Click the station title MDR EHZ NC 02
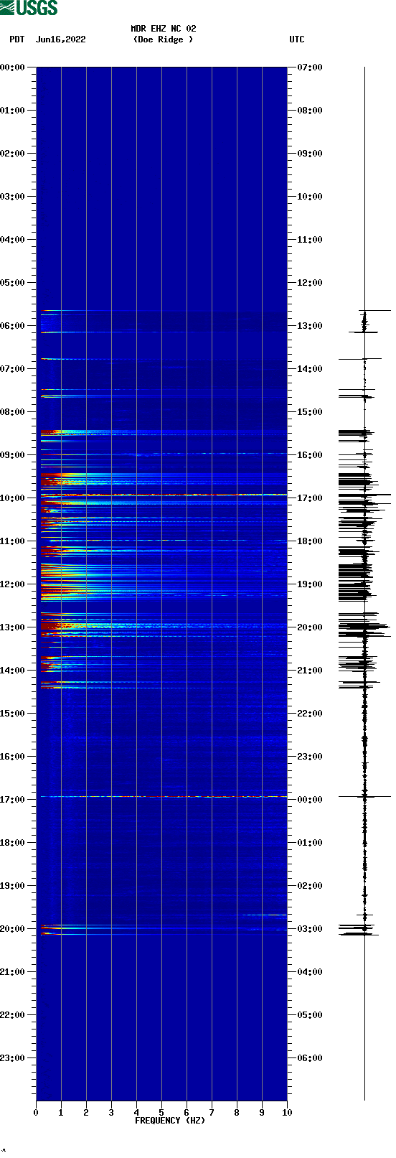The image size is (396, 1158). click(163, 29)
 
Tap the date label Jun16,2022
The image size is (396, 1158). click(60, 39)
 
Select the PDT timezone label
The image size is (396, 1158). click(17, 39)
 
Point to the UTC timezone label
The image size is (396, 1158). click(296, 39)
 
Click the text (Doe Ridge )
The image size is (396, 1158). click(163, 39)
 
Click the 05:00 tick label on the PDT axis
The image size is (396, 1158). click(13, 283)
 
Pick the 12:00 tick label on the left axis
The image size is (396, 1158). click(13, 584)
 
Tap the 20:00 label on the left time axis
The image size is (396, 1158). click(13, 929)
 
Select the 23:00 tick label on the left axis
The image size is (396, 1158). click(13, 1058)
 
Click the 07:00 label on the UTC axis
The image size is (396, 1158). click(309, 67)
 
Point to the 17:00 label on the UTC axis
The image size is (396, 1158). click(309, 498)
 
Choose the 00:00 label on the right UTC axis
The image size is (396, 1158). click(309, 800)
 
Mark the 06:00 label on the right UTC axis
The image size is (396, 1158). click(309, 1058)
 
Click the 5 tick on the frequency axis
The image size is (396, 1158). click(161, 1113)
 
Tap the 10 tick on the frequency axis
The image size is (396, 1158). click(287, 1113)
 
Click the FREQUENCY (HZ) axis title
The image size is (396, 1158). click(170, 1121)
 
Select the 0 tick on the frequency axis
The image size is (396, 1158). click(36, 1113)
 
